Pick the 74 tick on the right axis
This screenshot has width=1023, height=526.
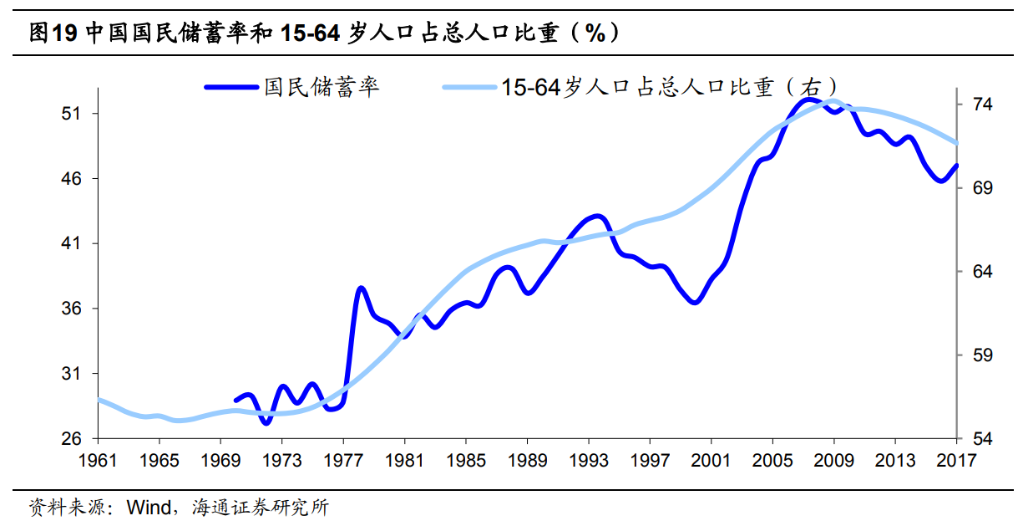(x=982, y=105)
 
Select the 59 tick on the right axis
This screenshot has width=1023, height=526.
(x=982, y=355)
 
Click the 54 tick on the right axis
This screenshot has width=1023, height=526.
(x=982, y=439)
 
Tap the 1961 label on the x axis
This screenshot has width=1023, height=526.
(x=99, y=459)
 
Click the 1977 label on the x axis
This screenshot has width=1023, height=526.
(x=343, y=459)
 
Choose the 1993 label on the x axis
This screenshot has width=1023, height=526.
(x=589, y=459)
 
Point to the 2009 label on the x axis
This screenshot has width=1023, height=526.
(x=833, y=459)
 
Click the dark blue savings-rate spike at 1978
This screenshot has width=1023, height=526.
(x=361, y=289)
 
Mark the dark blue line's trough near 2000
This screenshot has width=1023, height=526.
(x=695, y=302)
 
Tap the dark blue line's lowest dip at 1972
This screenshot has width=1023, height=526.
(x=266, y=423)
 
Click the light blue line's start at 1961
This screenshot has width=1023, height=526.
(x=99, y=400)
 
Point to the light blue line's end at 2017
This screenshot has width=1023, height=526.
(x=956, y=144)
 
